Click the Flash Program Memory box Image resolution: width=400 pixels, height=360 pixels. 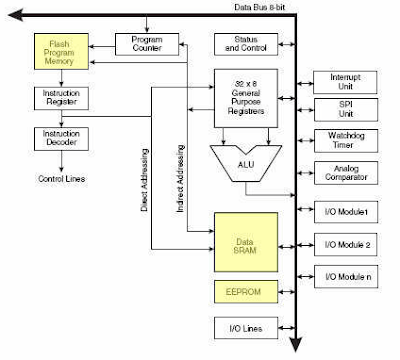click(61, 54)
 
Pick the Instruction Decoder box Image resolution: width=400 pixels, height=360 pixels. click(61, 139)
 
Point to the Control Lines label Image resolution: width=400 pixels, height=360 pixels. click(61, 179)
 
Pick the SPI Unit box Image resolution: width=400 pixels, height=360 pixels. click(341, 109)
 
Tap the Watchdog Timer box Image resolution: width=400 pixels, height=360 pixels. click(341, 141)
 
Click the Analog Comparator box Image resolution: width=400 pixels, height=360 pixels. click(341, 174)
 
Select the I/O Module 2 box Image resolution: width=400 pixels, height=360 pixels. click(341, 244)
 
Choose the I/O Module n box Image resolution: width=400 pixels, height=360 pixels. click(341, 278)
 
